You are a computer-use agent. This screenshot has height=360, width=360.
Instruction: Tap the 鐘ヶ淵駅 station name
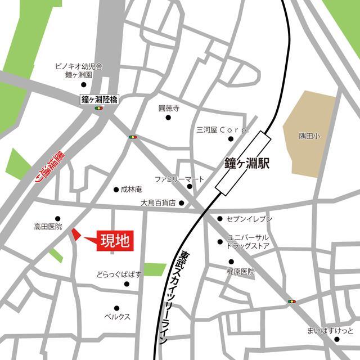tap(245, 164)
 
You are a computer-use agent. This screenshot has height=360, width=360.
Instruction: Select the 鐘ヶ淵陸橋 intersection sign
tap(100, 99)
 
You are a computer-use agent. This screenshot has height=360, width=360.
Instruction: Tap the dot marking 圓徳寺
tap(168, 118)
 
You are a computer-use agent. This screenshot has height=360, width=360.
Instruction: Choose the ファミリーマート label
tap(180, 179)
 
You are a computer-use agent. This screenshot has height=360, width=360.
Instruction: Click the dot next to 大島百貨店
tap(181, 203)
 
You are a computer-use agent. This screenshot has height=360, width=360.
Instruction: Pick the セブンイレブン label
tap(249, 218)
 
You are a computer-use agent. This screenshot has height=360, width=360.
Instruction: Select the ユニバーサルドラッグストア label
tap(248, 242)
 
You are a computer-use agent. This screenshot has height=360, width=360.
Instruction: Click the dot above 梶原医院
tap(231, 262)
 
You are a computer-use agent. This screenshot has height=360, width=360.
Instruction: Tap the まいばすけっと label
tap(330, 330)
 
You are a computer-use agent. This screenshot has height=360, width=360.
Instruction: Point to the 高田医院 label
tap(48, 227)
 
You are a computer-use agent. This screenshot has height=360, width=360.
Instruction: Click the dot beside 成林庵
tap(116, 190)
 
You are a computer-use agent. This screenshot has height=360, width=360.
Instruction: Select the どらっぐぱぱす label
tap(119, 274)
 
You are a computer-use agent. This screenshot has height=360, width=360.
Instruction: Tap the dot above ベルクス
tap(116, 308)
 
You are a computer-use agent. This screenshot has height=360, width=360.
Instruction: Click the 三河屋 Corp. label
tap(222, 129)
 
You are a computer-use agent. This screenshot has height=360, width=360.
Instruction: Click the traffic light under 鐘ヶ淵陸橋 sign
tap(100, 108)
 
